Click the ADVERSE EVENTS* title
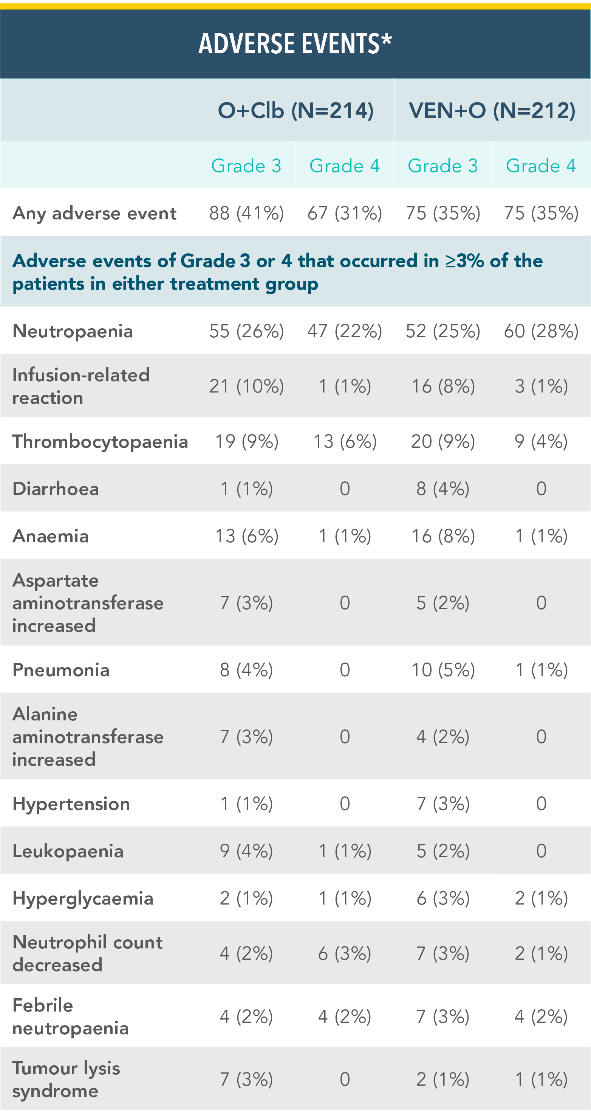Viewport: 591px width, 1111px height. point(295,44)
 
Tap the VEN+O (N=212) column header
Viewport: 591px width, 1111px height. point(492,110)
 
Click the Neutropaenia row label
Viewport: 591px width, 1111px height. point(73,331)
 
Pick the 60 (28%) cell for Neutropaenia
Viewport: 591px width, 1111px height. point(541,331)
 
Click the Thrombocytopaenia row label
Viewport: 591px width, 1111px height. point(100,442)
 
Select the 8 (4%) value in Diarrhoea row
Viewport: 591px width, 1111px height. point(443,489)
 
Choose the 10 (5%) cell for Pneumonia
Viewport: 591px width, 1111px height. point(443,670)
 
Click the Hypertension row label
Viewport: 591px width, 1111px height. point(71,804)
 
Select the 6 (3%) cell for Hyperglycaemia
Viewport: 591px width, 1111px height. point(443,898)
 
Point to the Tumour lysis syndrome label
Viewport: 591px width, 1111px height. point(66,1079)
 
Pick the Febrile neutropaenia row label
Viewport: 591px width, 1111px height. point(70,1016)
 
